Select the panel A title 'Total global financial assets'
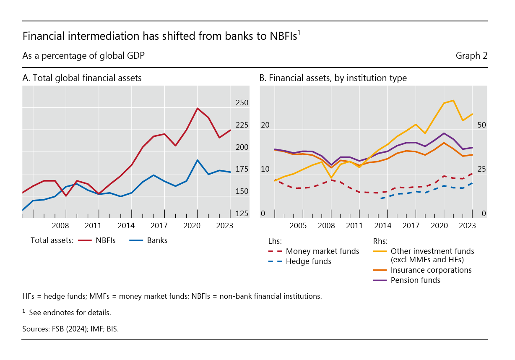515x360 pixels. [x=82, y=78]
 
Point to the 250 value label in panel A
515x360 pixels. [x=242, y=103]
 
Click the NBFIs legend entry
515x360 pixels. [x=105, y=241]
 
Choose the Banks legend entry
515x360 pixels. [x=157, y=241]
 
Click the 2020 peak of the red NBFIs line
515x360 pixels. [x=198, y=108]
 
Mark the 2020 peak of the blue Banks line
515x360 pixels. [x=198, y=160]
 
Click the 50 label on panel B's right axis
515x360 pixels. [x=481, y=125]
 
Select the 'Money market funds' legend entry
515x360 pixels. [x=322, y=252]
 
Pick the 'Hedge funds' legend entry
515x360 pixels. [x=308, y=261]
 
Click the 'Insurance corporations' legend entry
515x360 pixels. [x=431, y=270]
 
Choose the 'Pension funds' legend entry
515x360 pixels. [x=415, y=280]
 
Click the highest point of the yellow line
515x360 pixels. [x=453, y=100]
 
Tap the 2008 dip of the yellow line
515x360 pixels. [x=331, y=178]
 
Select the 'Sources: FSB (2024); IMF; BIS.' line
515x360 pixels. [x=70, y=329]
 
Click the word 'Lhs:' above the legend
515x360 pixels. [x=275, y=241]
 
